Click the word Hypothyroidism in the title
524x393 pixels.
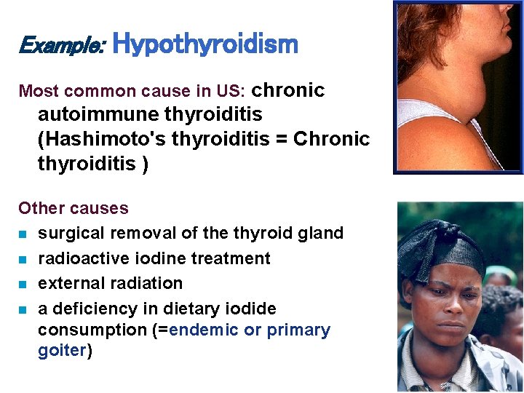click(x=206, y=44)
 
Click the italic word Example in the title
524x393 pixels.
click(x=61, y=46)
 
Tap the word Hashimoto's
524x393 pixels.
click(x=95, y=139)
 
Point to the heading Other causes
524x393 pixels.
click(x=73, y=208)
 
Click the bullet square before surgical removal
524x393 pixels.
click(x=24, y=234)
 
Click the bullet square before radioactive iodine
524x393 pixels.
click(x=24, y=259)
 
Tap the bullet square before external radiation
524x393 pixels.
click(x=24, y=284)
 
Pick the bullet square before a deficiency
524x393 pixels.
click(x=24, y=309)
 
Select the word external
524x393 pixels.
click(x=68, y=283)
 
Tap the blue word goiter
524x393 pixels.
click(x=62, y=350)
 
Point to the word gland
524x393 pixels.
click(x=322, y=234)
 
